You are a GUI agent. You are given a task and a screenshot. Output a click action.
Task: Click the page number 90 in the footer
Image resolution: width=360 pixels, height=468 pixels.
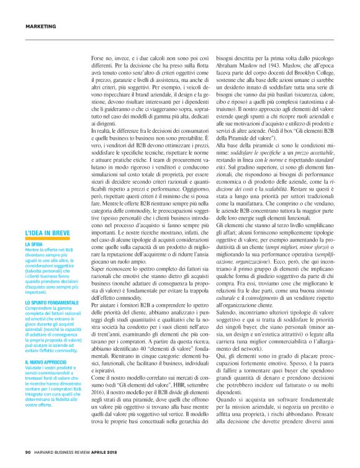point(28,451)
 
